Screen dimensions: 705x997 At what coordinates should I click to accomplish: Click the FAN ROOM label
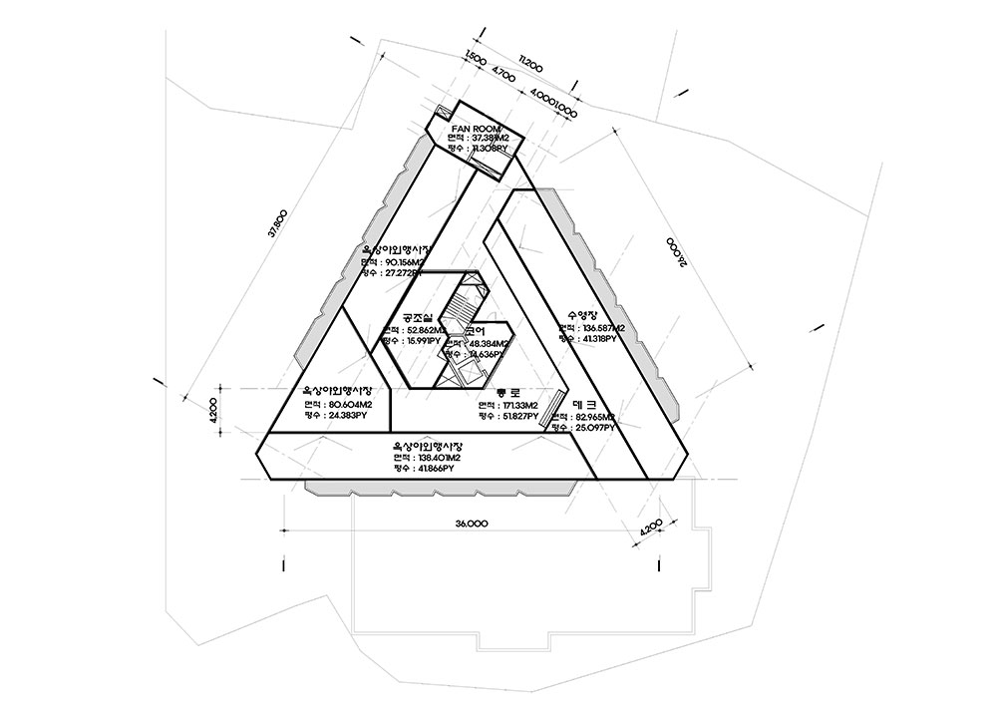coord(473,129)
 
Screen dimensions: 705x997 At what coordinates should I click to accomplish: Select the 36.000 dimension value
coord(471,523)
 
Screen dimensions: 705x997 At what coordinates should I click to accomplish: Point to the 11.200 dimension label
coord(530,66)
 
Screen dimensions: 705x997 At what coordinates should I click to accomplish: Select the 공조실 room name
coord(418,317)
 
